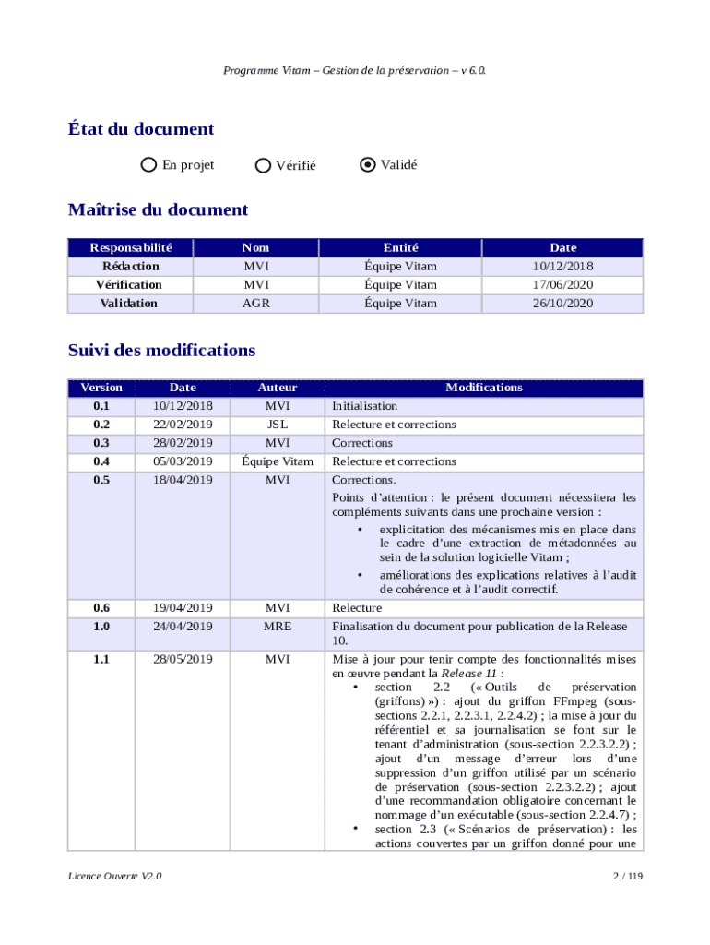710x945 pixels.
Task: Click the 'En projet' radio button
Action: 148,165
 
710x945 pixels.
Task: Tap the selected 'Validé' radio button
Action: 368,165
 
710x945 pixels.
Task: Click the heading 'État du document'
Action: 141,129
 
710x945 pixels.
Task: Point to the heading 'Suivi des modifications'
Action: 161,351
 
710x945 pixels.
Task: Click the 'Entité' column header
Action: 401,247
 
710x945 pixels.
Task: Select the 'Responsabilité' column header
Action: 131,247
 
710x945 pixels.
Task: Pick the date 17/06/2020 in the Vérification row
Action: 562,284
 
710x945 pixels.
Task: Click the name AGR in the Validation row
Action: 256,303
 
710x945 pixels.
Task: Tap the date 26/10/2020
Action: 562,303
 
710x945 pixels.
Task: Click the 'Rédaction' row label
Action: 131,266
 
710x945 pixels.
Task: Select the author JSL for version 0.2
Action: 278,425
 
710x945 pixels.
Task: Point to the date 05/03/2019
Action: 183,461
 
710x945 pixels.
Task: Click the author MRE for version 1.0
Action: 278,627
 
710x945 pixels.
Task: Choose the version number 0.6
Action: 101,608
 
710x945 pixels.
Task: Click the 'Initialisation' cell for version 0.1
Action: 365,406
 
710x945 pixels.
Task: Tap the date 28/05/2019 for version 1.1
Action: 183,659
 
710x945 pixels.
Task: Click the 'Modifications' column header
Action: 484,388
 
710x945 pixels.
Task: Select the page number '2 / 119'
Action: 626,877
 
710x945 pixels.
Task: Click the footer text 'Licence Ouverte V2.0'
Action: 115,877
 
